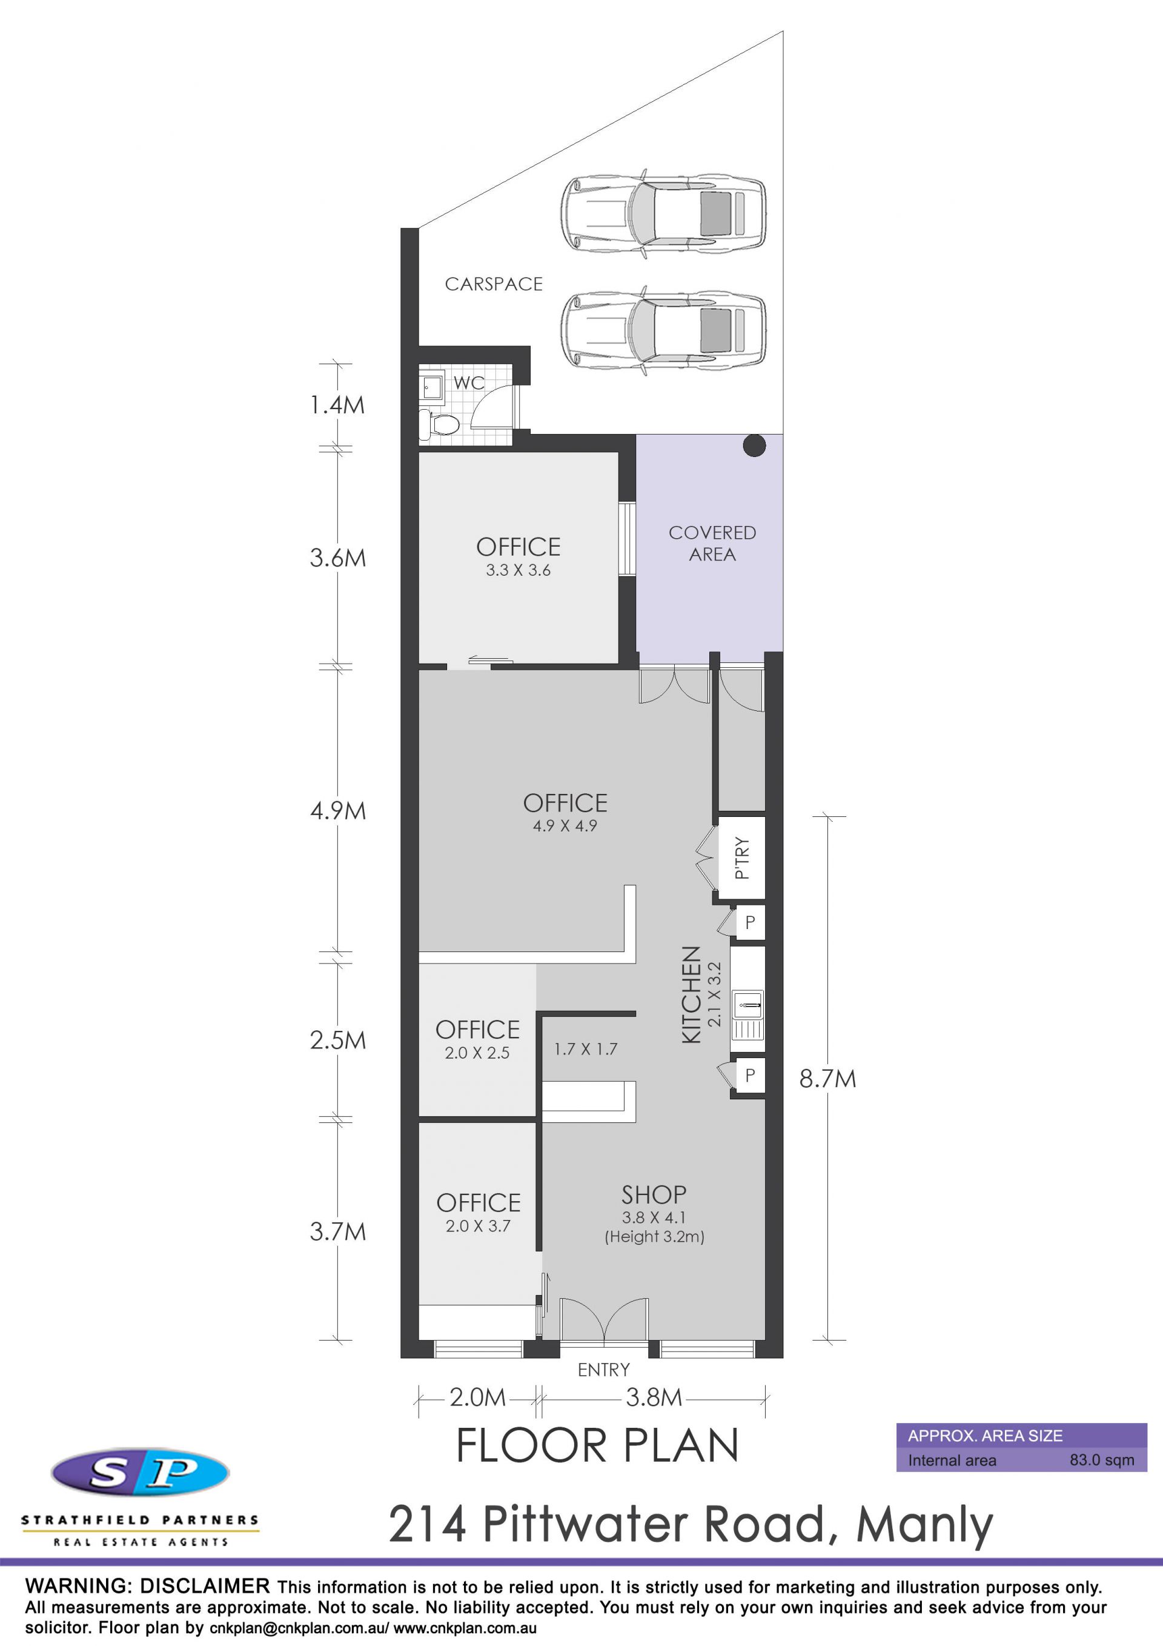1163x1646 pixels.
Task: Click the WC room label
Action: click(x=469, y=383)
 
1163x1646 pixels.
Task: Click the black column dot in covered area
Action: click(x=754, y=446)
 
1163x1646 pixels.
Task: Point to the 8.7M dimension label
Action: click(x=827, y=1079)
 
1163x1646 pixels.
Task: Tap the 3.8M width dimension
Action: click(x=654, y=1398)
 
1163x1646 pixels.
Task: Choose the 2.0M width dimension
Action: click(x=477, y=1398)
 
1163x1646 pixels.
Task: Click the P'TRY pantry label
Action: click(x=743, y=858)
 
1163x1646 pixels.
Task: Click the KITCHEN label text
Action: click(x=691, y=995)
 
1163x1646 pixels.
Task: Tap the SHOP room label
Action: click(x=654, y=1195)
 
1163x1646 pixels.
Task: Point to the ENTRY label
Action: click(x=604, y=1370)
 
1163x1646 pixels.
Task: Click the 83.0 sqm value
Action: click(x=1102, y=1461)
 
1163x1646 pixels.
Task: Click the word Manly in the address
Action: click(x=924, y=1525)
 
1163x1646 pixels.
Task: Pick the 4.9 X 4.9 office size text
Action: click(x=565, y=826)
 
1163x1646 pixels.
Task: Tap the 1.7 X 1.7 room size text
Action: click(x=586, y=1050)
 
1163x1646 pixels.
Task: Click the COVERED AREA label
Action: click(x=712, y=544)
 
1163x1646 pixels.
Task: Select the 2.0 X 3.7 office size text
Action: click(x=478, y=1226)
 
